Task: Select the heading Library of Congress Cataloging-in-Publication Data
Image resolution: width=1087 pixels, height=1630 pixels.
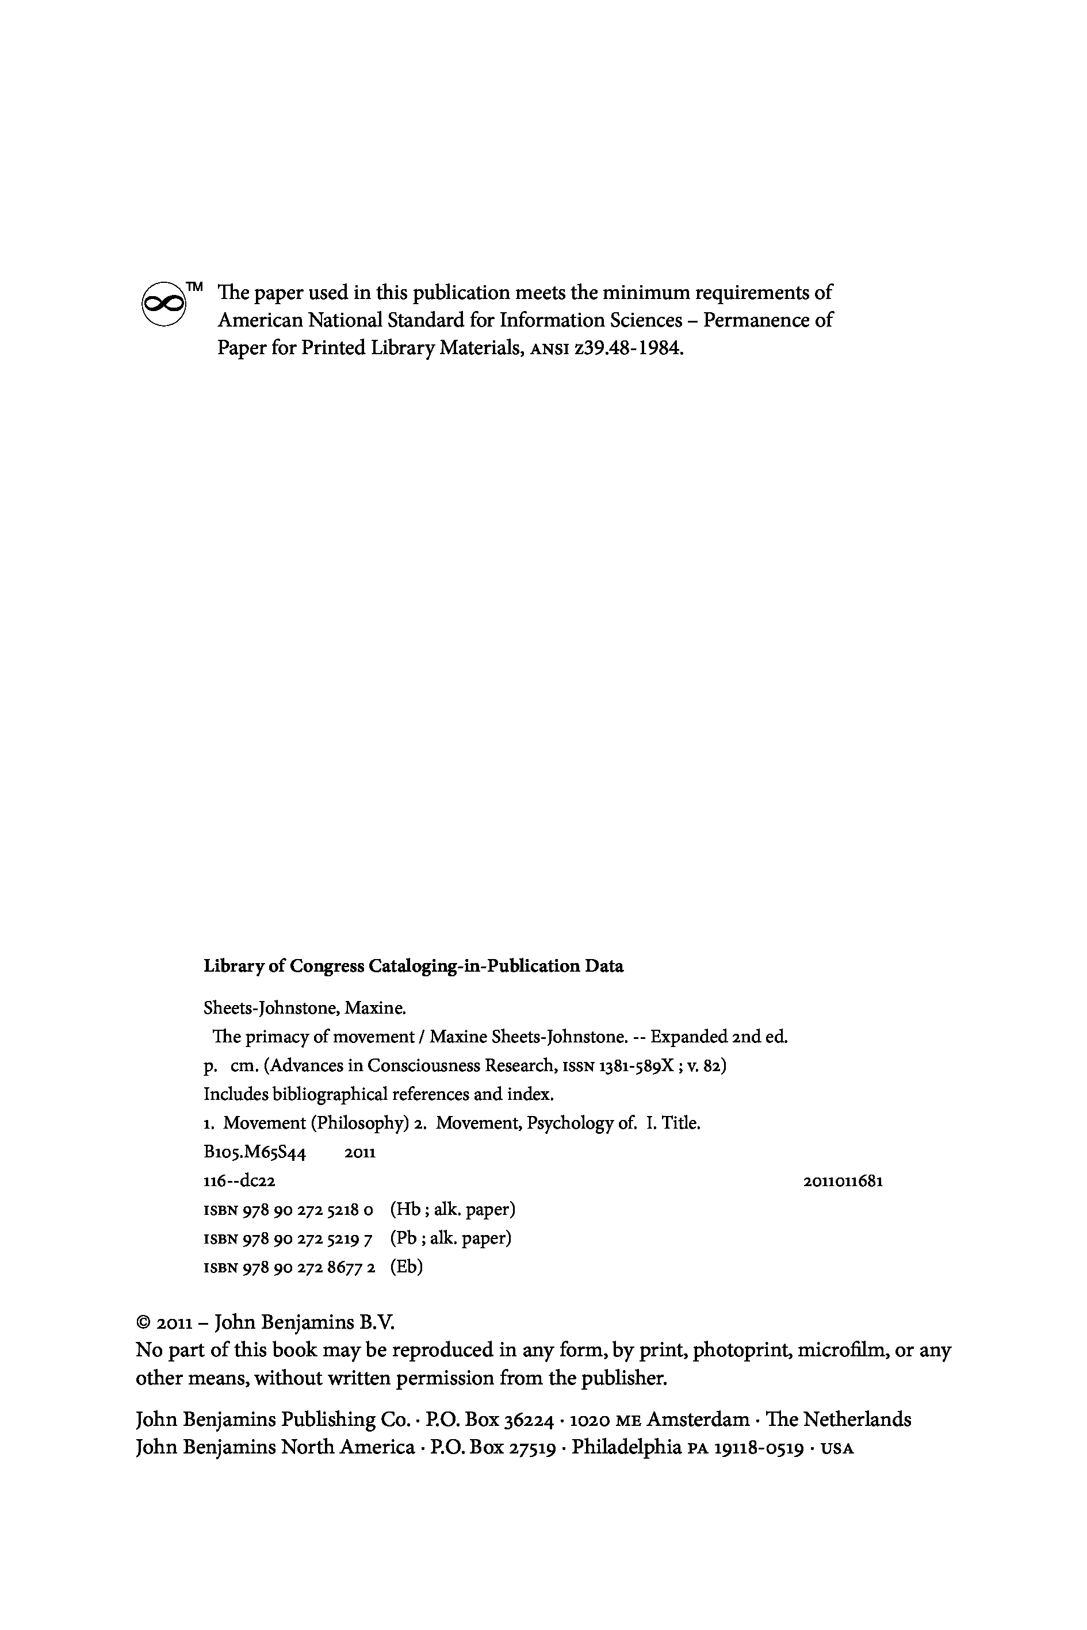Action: point(413,966)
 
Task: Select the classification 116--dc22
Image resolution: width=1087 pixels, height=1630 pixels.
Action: point(239,1181)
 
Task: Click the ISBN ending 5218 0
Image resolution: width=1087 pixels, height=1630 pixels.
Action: point(288,1210)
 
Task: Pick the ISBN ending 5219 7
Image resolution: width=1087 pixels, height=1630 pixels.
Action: point(288,1238)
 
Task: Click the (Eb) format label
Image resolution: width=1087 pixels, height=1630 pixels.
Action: point(406,1267)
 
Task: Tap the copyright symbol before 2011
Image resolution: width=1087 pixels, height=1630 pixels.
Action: point(144,1324)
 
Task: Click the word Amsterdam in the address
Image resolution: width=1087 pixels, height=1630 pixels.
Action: point(698,1420)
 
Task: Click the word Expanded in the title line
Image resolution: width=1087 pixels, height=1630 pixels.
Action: point(688,1037)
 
